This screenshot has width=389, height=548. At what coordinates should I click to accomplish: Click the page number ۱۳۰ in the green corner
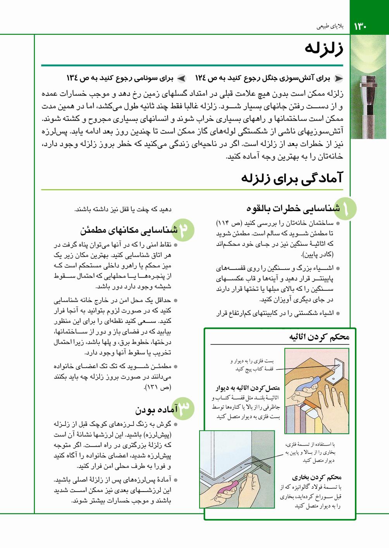pos(360,27)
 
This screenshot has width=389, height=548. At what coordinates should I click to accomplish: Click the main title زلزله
pos(324,49)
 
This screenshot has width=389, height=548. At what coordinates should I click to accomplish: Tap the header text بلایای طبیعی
pos(330,26)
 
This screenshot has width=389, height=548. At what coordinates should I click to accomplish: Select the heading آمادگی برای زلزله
pos(292,178)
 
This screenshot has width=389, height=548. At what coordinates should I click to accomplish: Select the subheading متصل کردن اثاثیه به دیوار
pos(248,388)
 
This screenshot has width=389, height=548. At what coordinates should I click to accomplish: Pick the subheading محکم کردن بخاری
pos(317,477)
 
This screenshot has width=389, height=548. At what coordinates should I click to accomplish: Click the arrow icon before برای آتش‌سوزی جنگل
pos(338,79)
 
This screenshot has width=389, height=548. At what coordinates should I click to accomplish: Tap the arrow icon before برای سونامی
pos(181,79)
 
